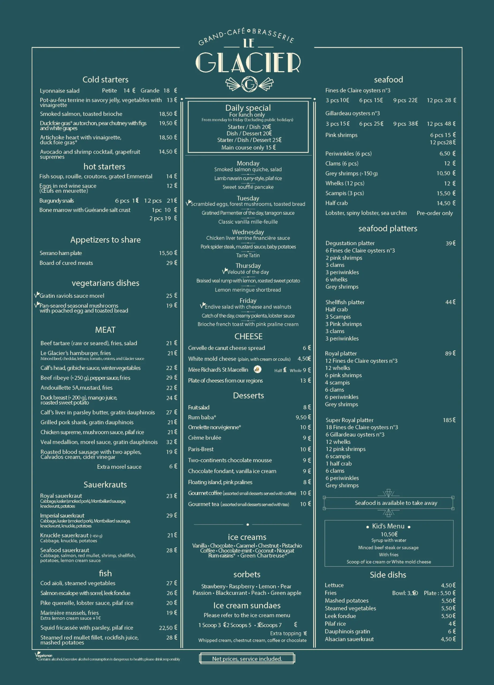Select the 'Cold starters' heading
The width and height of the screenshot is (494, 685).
(105, 80)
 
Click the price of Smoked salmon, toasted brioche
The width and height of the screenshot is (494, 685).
(168, 114)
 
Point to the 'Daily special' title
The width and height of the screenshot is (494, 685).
(248, 108)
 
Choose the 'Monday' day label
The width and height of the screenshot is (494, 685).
(248, 163)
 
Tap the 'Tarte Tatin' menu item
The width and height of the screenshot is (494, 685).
(248, 256)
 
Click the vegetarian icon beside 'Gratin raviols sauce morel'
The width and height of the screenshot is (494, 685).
(37, 295)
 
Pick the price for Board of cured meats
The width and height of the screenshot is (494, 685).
(171, 263)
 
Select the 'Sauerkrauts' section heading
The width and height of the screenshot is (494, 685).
(105, 485)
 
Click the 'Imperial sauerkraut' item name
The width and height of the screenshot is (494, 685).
(62, 516)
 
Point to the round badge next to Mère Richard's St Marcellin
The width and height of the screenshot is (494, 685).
(257, 369)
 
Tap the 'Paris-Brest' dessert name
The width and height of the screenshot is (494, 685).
(201, 449)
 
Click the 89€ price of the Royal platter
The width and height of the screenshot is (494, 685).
(450, 353)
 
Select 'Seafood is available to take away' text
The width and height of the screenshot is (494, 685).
(396, 503)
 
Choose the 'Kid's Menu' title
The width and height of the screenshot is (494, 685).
(388, 526)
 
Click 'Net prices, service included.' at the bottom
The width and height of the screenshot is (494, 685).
(247, 659)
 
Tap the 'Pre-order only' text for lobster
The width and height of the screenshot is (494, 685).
(435, 213)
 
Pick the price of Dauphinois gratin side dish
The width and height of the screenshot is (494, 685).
(452, 631)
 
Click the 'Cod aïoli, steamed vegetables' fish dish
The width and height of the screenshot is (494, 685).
(78, 583)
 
